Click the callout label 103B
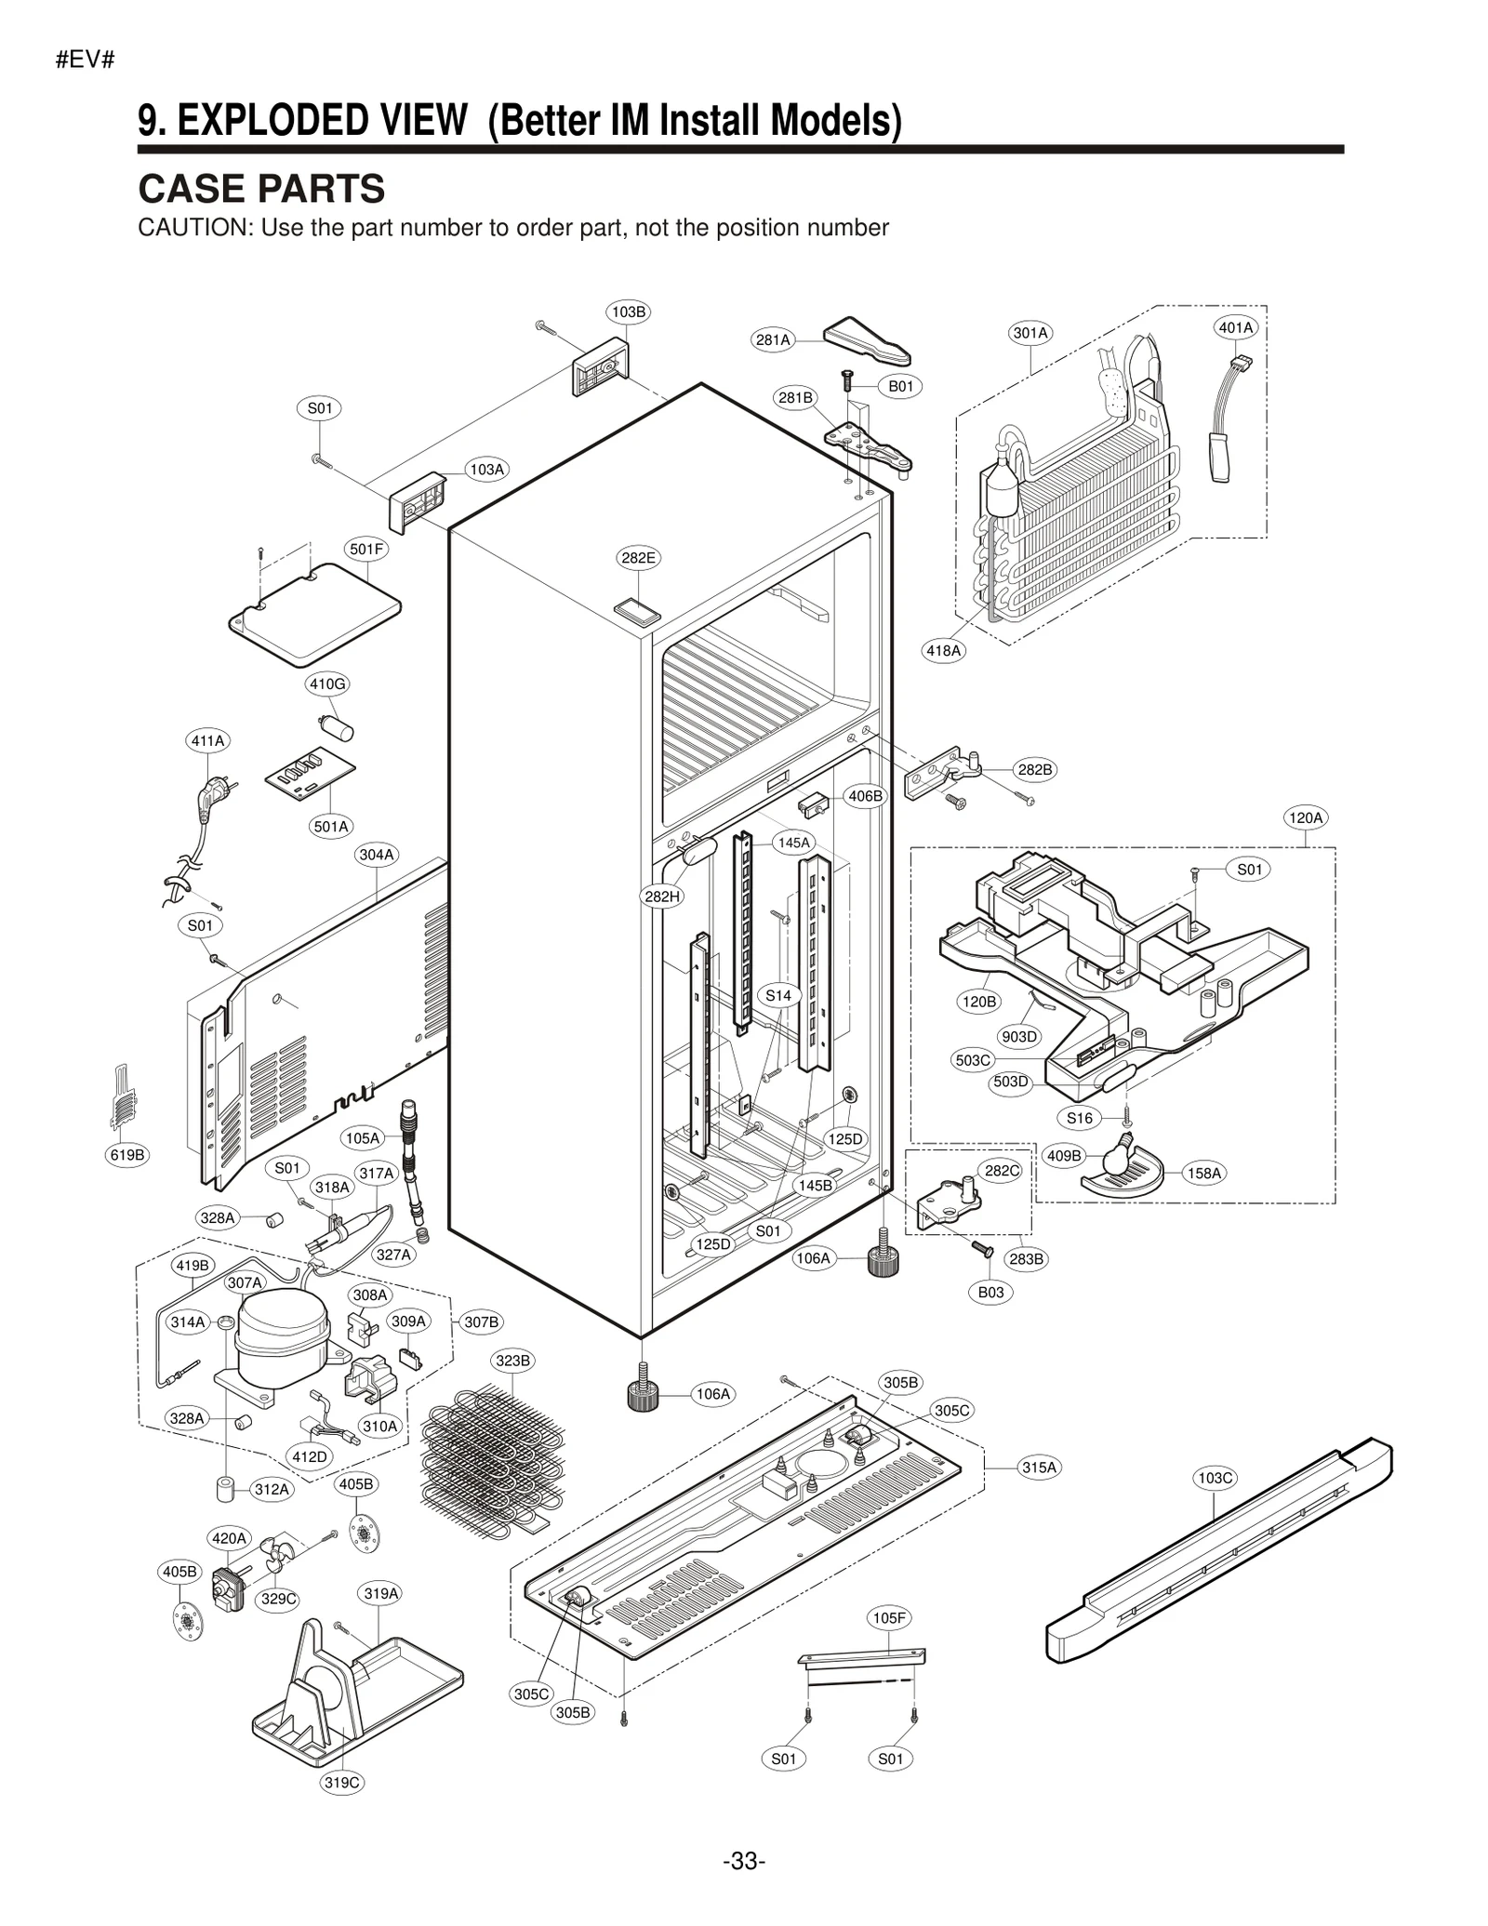[x=629, y=312]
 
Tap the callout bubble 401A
[x=1236, y=327]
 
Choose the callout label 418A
[x=943, y=651]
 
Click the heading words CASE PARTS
[x=261, y=189]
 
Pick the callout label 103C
[x=1215, y=1478]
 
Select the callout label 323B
[x=512, y=1361]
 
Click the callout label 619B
[x=127, y=1155]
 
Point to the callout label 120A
[x=1305, y=817]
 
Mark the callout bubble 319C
[x=341, y=1782]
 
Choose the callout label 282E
[x=638, y=558]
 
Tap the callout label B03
[x=990, y=1292]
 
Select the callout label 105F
[x=888, y=1618]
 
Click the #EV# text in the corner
[x=85, y=60]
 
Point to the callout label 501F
[x=366, y=549]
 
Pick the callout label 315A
[x=1039, y=1468]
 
